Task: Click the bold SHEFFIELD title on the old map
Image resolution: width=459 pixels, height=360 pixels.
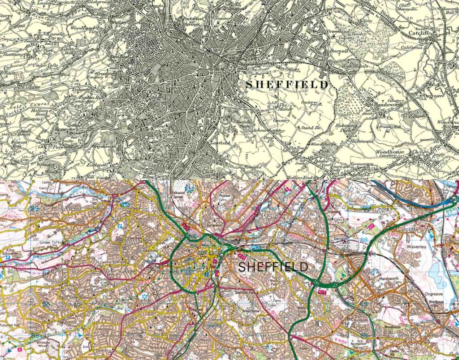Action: point(287,84)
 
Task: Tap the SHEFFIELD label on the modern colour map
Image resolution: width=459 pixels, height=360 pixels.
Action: point(273,267)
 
